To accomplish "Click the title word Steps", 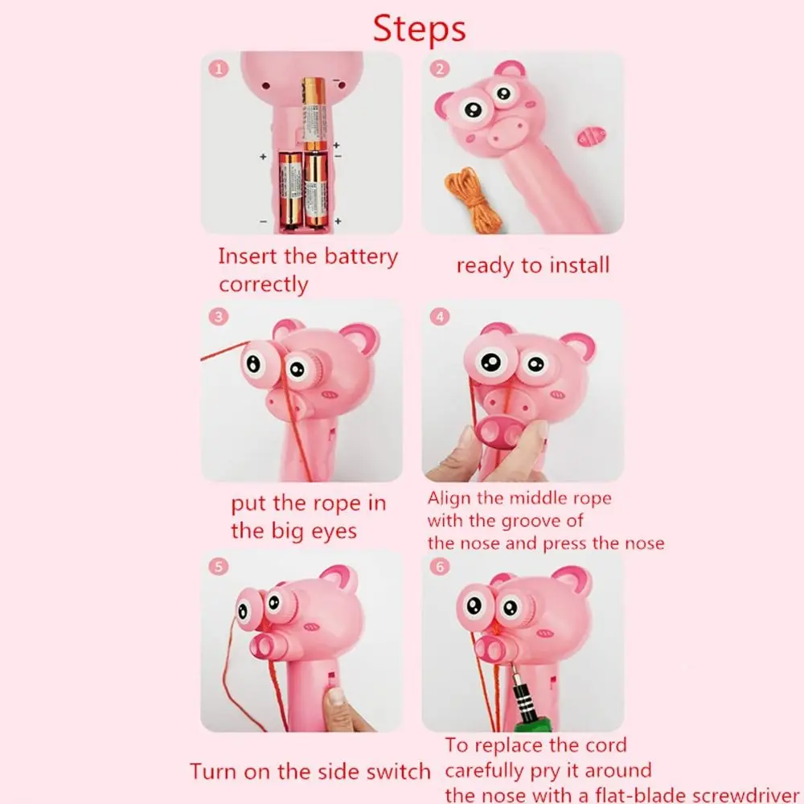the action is tap(419, 29).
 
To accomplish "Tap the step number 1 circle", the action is tap(219, 68).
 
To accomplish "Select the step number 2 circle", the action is tap(440, 68).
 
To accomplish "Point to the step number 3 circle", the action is tap(219, 316).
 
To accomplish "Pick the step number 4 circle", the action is tap(440, 316).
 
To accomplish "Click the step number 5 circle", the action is tap(219, 567).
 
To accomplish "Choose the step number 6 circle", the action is tap(440, 567).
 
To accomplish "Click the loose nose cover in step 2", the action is tap(592, 137).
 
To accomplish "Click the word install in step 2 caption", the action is tap(579, 265).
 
